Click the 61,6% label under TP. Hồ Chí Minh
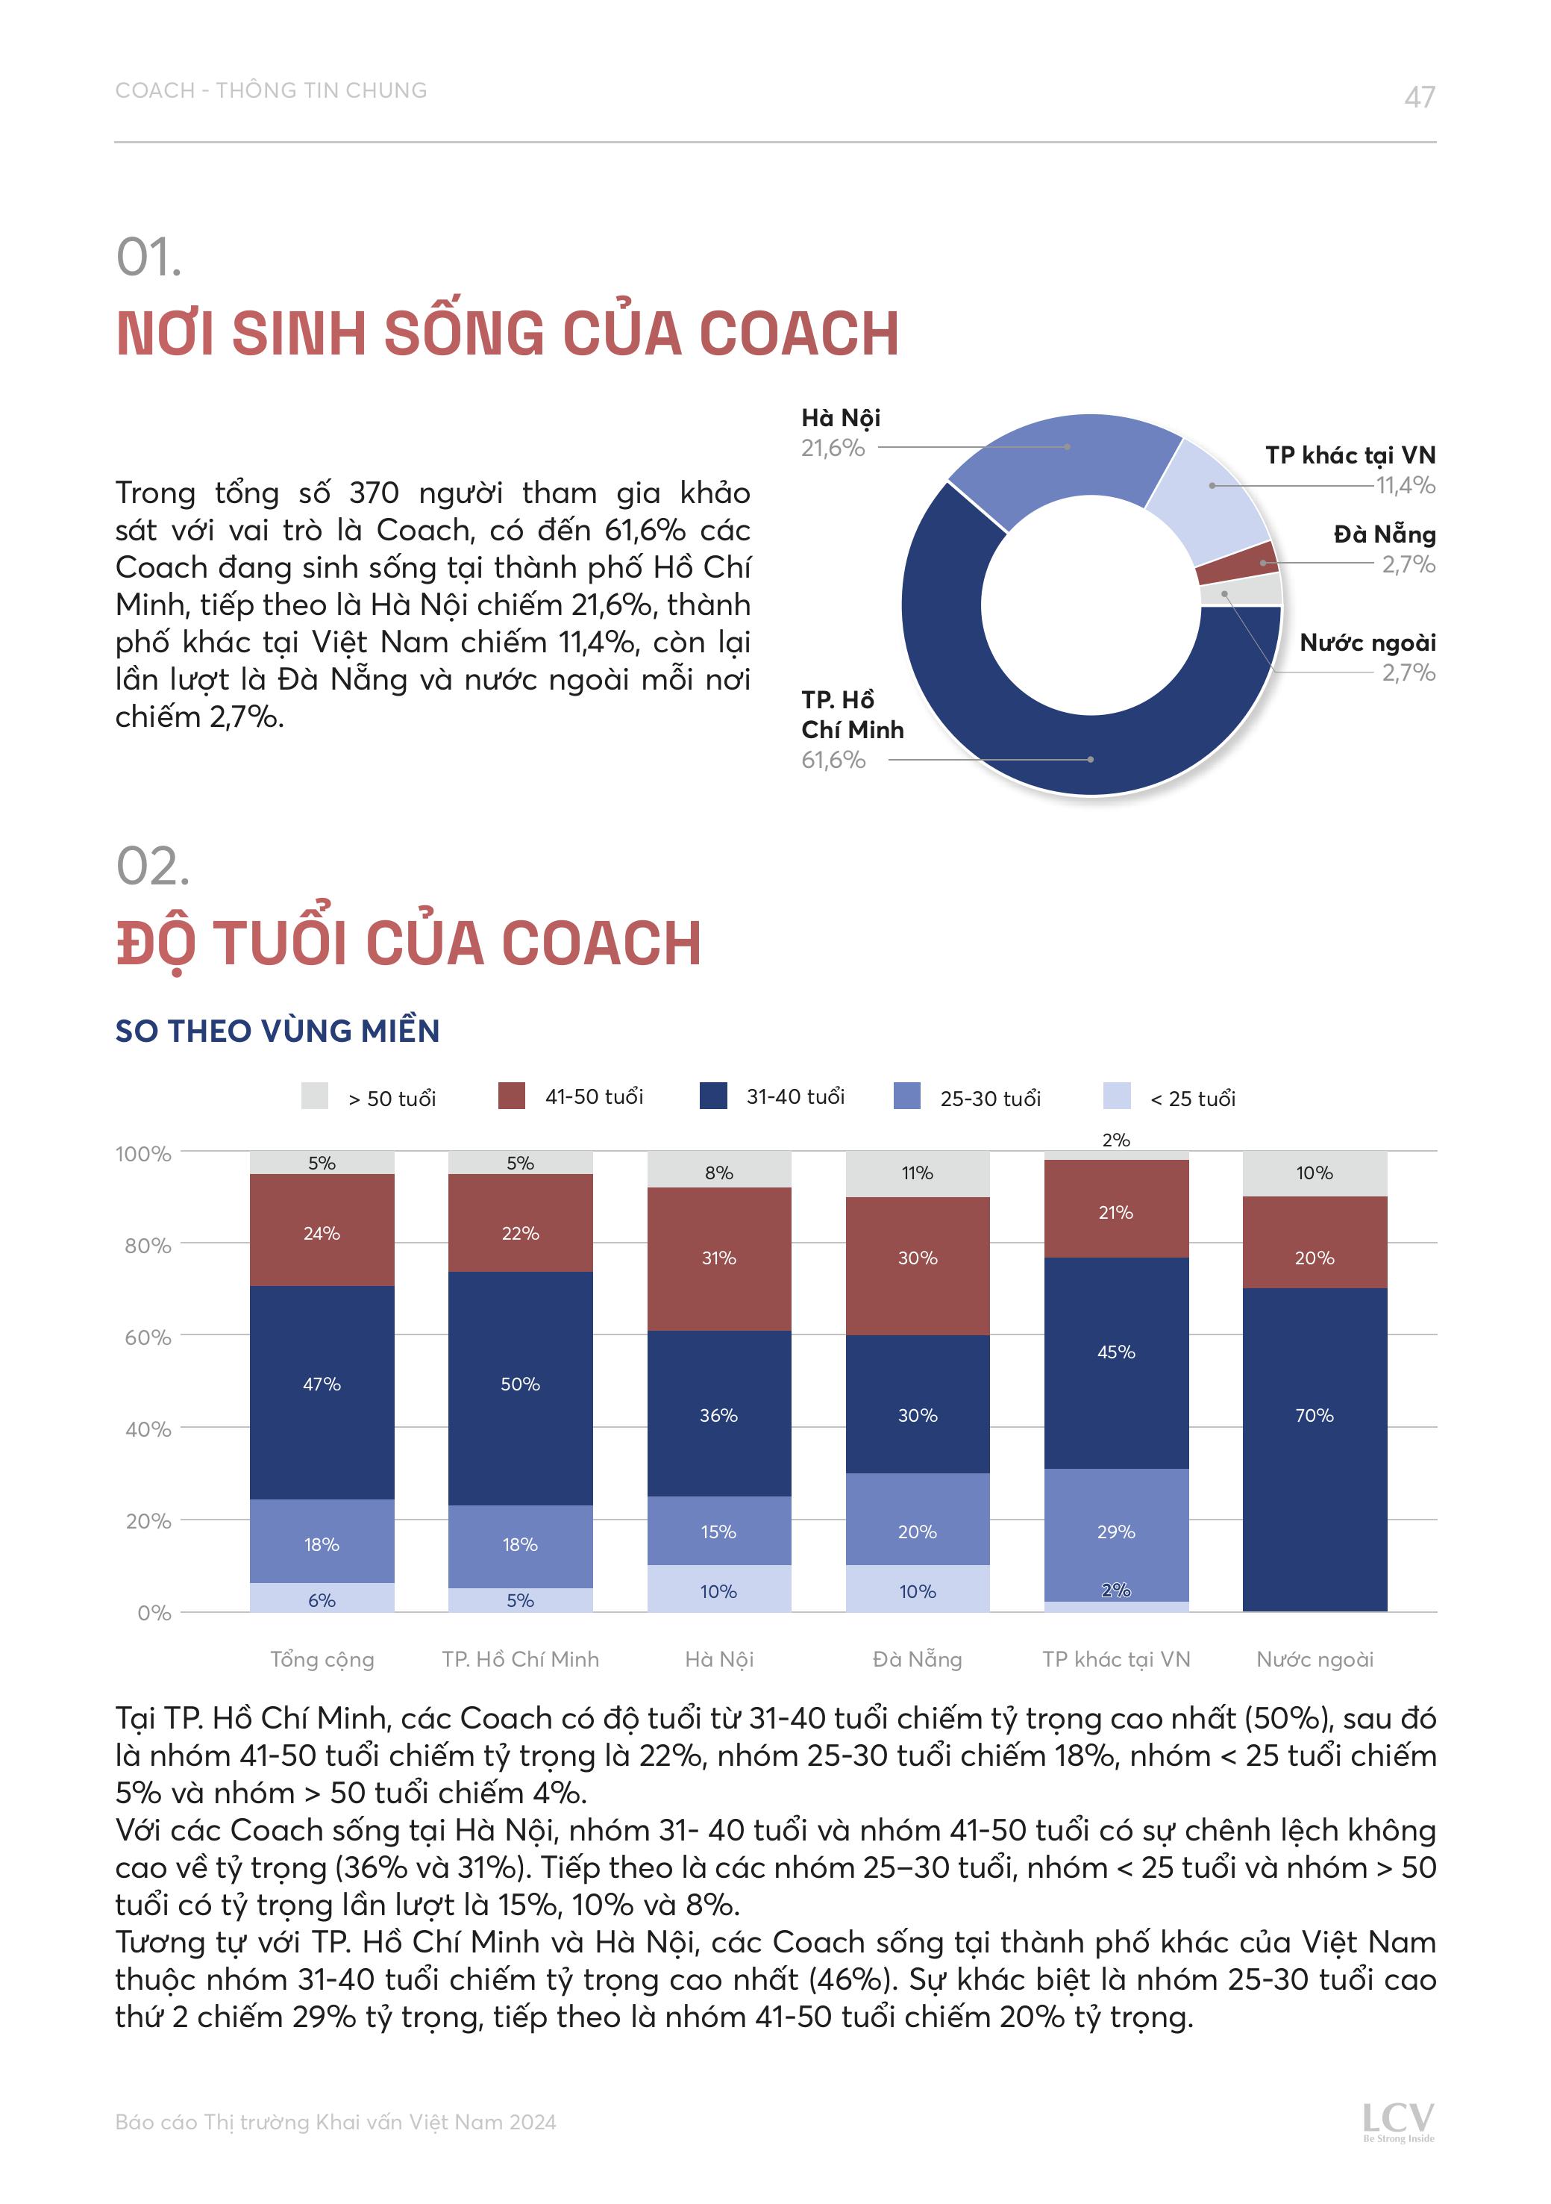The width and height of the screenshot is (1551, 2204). point(833,761)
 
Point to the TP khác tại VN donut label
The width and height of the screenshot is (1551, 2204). point(1350,455)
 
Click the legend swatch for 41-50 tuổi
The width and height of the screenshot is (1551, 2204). point(512,1096)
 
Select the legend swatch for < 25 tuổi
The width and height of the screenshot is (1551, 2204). point(1116,1096)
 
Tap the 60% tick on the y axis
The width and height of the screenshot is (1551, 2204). point(148,1337)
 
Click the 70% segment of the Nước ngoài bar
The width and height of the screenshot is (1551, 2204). point(1314,1416)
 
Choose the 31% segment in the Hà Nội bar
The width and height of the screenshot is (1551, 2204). point(719,1258)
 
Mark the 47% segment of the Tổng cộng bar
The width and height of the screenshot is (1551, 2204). point(322,1384)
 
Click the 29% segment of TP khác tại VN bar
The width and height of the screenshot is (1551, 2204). point(1115,1532)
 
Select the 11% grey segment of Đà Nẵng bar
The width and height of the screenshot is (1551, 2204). point(917,1173)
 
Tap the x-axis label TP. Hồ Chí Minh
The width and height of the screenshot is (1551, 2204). point(520,1660)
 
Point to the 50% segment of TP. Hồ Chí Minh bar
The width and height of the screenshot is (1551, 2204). point(520,1384)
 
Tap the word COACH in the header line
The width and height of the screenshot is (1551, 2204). point(154,90)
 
